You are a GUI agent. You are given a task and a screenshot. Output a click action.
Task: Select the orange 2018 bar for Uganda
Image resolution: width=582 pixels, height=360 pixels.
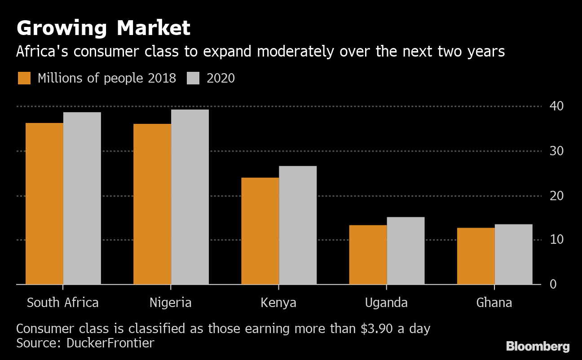(x=368, y=255)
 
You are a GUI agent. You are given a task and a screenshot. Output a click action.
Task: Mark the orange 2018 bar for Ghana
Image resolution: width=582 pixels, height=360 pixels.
(x=476, y=256)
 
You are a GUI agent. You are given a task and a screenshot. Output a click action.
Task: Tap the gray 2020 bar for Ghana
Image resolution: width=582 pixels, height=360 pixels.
(x=513, y=254)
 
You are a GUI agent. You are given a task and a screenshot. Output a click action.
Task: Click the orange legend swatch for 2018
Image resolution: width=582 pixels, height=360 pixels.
(x=24, y=78)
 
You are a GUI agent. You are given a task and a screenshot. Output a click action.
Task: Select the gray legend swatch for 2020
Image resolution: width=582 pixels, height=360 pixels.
(x=193, y=78)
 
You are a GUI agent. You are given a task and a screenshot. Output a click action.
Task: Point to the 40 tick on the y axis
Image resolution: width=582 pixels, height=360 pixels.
(x=556, y=106)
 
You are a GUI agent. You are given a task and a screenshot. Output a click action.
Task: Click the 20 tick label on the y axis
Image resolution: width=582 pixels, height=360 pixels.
(x=556, y=196)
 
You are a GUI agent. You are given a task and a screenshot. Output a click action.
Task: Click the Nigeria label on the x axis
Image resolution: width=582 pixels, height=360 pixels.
(x=171, y=303)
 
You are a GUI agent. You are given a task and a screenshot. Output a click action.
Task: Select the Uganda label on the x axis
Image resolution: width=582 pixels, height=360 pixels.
(x=386, y=303)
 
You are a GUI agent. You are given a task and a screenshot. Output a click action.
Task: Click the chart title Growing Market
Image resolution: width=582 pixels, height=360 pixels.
(x=103, y=28)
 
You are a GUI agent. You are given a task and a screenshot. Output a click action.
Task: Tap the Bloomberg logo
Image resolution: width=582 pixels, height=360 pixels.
(x=538, y=347)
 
